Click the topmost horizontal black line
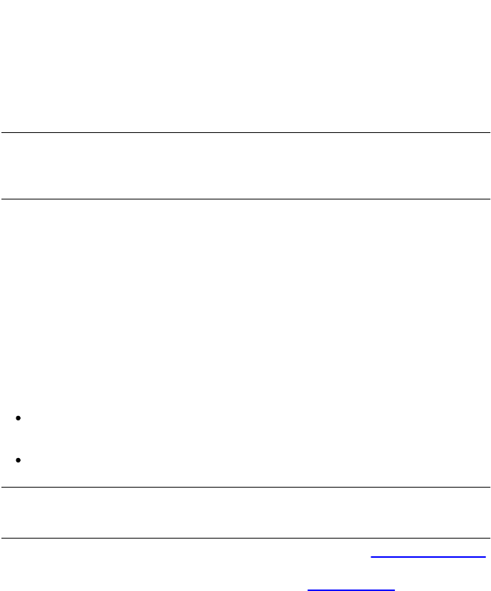(245, 133)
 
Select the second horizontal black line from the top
(245, 199)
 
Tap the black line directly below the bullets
(245, 488)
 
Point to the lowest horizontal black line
(245, 539)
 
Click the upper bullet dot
(17, 419)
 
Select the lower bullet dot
(17, 460)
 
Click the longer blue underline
(428, 557)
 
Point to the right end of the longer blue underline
(485, 557)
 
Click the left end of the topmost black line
(1, 133)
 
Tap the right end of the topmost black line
(490, 133)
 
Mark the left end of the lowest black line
(1, 539)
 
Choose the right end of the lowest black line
(490, 539)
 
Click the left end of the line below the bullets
(1, 488)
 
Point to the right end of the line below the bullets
(490, 488)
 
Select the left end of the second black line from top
(1, 199)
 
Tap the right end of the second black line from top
(490, 199)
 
